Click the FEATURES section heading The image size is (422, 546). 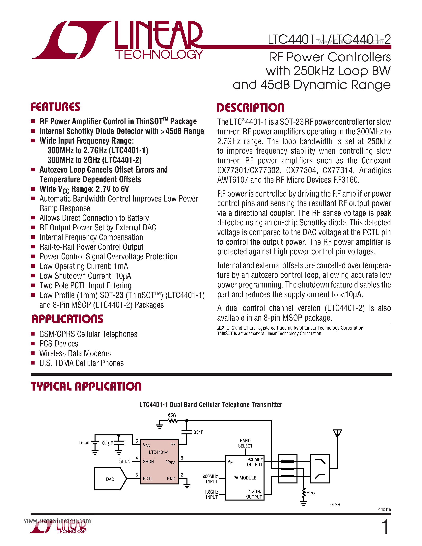coord(55,107)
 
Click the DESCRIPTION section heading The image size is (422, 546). coord(250,108)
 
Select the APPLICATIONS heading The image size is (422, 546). coord(67,319)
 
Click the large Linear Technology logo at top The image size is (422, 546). coord(118,40)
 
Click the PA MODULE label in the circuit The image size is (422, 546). coord(244,478)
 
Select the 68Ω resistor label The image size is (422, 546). coord(172,415)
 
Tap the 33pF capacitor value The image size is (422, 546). coord(198,432)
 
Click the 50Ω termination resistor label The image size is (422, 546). coord(311,493)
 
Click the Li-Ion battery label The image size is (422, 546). coord(84,443)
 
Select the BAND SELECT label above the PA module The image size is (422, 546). coord(245,443)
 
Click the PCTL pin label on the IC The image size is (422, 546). coord(148,478)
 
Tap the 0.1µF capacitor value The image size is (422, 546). coord(107,443)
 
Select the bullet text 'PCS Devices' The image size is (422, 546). coord(59,344)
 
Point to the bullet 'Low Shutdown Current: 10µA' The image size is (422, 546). coord(85,276)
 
